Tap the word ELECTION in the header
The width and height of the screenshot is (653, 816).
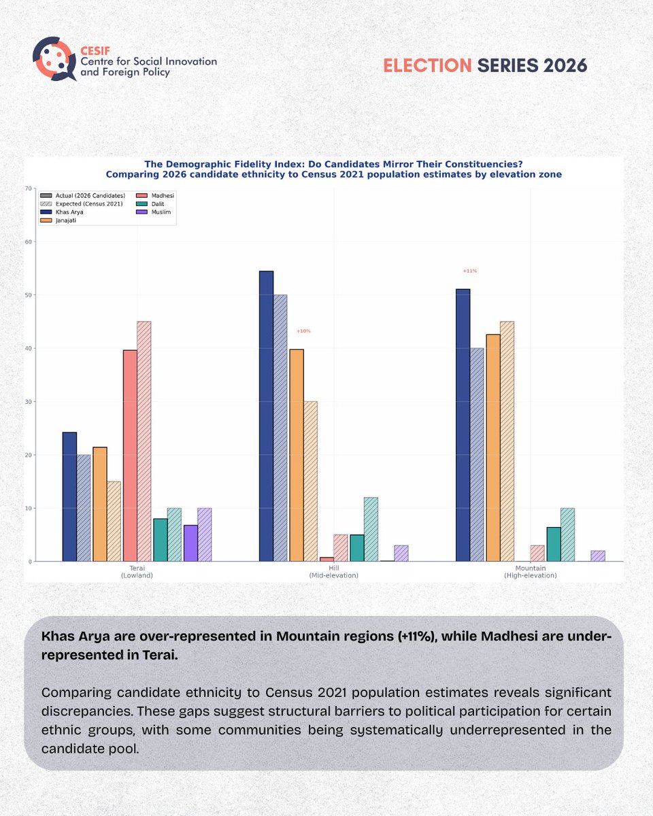[427, 65]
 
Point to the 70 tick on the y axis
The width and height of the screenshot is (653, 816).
[28, 188]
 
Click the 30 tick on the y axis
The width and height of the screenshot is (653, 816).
[28, 402]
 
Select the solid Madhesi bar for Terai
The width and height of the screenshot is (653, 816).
[130, 456]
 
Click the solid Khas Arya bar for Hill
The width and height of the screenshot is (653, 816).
[266, 416]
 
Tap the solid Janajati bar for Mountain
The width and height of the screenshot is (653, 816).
[492, 448]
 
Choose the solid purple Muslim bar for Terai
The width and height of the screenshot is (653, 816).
[190, 543]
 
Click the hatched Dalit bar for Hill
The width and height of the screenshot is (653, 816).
[371, 529]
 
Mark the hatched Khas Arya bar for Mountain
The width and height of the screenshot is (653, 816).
[477, 455]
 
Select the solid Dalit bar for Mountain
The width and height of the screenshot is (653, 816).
[554, 544]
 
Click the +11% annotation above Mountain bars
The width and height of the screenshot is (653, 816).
[469, 271]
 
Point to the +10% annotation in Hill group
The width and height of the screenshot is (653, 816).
[303, 331]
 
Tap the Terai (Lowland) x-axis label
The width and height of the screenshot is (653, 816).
[141, 571]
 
